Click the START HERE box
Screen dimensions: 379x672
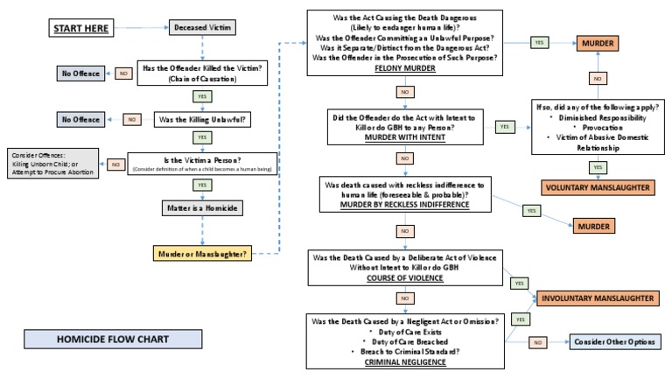click(x=80, y=30)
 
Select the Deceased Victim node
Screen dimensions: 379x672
click(x=203, y=29)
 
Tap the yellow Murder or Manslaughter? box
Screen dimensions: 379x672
click(x=203, y=255)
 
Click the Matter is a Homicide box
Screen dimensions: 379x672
click(x=203, y=208)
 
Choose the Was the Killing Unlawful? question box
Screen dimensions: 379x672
click(x=203, y=118)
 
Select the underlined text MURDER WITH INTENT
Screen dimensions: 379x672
click(x=405, y=137)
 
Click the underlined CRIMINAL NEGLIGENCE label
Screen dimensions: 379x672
click(x=405, y=361)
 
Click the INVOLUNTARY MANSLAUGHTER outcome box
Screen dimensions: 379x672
click(x=595, y=298)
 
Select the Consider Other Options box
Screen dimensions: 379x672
click(x=613, y=342)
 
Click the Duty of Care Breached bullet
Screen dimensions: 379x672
click(x=405, y=341)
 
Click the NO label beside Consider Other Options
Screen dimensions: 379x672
click(x=538, y=342)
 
